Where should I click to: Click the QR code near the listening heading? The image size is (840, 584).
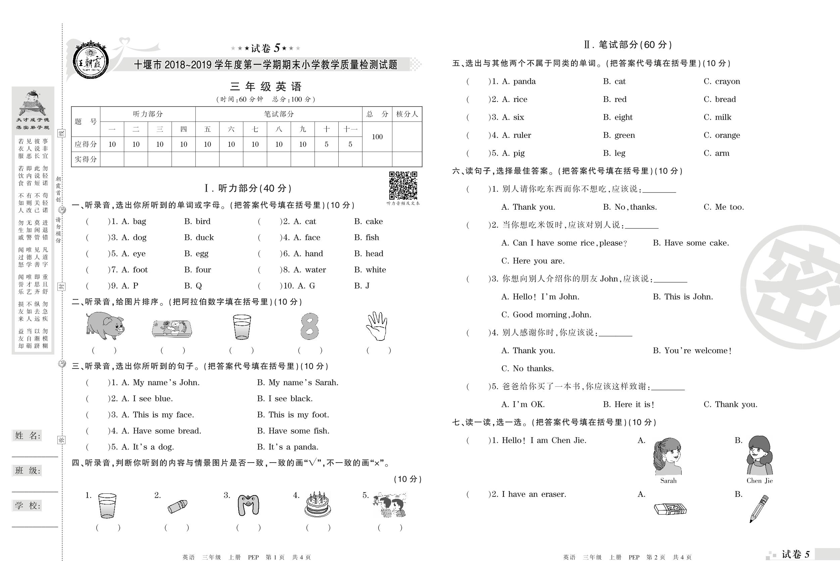point(403,185)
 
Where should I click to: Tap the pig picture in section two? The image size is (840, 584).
point(105,326)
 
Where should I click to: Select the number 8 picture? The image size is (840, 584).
point(309,326)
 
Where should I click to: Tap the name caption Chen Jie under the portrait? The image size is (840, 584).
point(759,481)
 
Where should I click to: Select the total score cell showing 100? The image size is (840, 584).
point(377,137)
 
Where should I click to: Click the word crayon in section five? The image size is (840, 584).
point(727,82)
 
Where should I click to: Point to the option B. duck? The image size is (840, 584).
point(199,238)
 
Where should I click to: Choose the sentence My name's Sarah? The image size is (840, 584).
point(298,382)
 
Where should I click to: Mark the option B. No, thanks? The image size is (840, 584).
point(630,207)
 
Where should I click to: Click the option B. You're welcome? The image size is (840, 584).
point(692,351)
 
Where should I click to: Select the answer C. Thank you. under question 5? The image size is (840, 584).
point(730,405)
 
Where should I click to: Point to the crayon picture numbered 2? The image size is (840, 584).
point(178,507)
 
